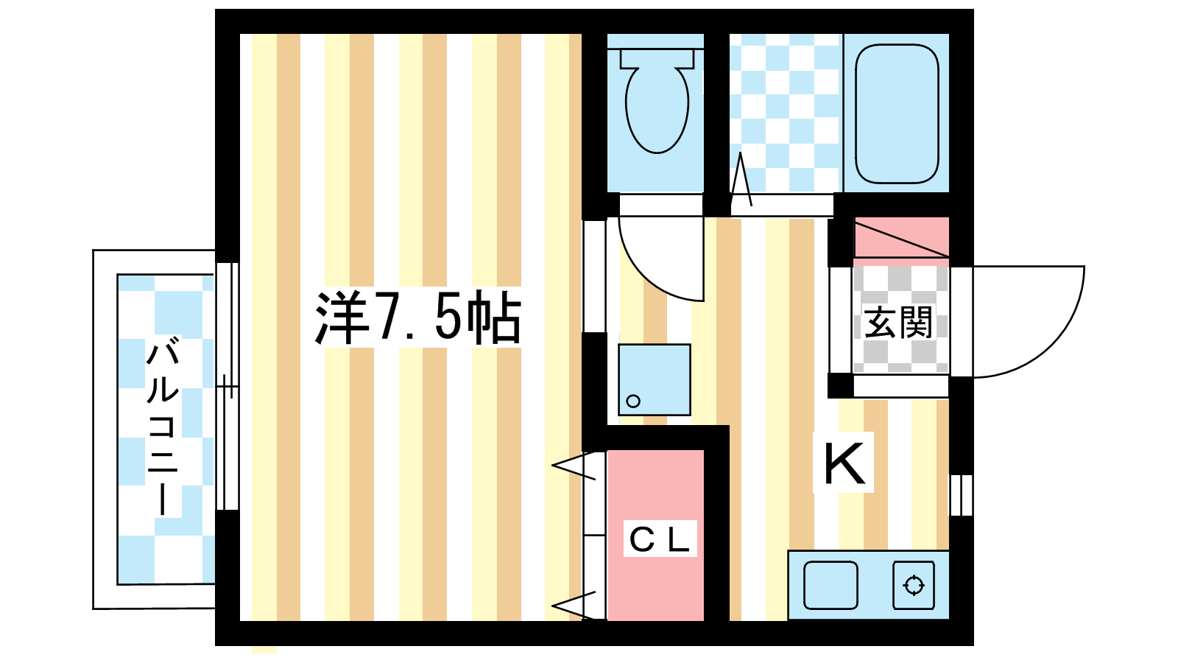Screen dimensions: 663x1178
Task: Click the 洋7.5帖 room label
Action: point(417,318)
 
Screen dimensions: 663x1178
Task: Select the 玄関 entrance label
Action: point(898,323)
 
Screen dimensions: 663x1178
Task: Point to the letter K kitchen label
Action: point(843,463)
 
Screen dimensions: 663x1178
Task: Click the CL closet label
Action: point(660,539)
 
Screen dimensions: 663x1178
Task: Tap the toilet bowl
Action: point(657,110)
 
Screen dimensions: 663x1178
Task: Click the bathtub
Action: point(897,113)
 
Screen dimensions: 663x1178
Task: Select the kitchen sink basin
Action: point(830,585)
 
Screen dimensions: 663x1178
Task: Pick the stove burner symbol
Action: point(914,586)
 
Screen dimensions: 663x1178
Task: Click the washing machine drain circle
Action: point(633,401)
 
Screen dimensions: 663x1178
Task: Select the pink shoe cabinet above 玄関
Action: point(901,238)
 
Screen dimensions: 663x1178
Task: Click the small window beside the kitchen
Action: point(961,495)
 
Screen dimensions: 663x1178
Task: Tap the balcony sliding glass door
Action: point(228,387)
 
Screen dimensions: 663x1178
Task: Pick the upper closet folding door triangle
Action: point(575,466)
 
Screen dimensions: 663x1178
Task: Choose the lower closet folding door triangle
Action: point(575,605)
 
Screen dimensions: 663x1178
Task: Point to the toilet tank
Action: point(657,58)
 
